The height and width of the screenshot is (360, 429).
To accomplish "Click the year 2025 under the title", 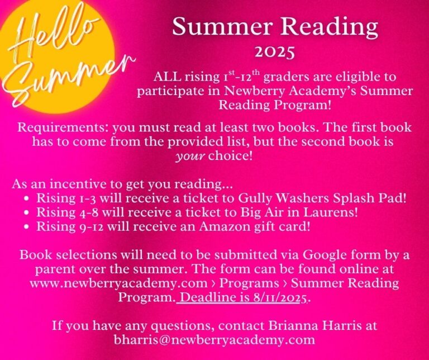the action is (275, 53).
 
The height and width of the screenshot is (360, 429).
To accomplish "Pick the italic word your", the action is (190, 157).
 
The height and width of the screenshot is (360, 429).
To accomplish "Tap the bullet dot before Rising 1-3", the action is (27, 198).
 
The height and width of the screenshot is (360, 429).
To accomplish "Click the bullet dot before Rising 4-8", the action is (27, 212).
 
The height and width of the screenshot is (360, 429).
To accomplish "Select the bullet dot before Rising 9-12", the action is (27, 226).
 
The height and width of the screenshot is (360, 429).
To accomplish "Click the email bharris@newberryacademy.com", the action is (214, 340).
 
